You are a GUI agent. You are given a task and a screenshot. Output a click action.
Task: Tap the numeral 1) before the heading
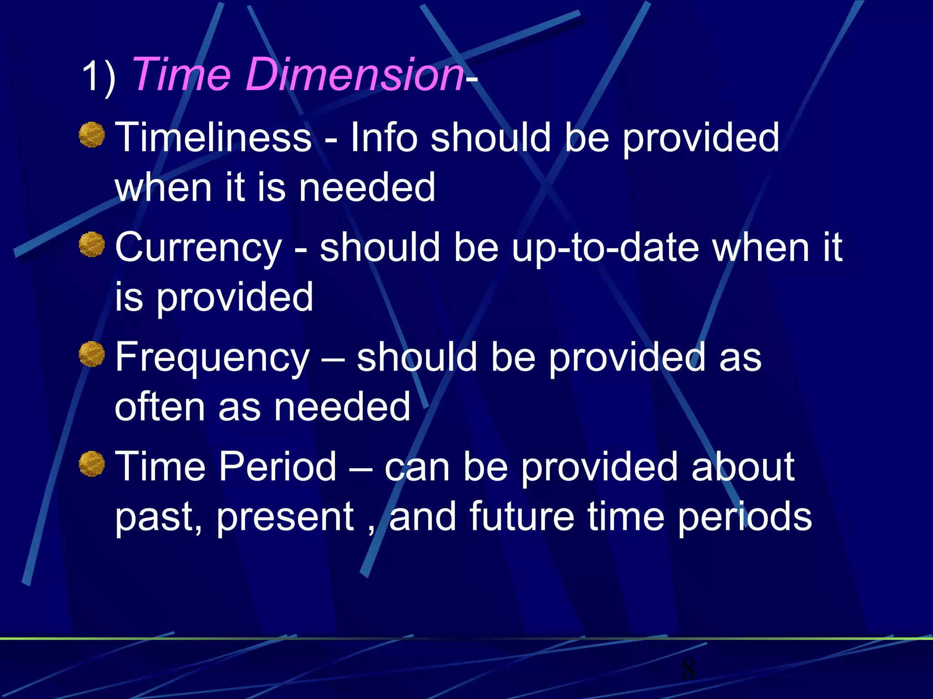pyautogui.click(x=98, y=76)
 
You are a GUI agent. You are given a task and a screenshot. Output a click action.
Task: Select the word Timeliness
pyautogui.click(x=213, y=137)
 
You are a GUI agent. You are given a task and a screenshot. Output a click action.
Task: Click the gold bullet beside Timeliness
pyautogui.click(x=92, y=135)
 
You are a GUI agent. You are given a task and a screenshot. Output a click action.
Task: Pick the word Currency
pyautogui.click(x=199, y=248)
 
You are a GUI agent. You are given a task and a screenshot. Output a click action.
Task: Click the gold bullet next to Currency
pyautogui.click(x=92, y=244)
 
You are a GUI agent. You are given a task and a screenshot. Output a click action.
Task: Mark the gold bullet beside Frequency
pyautogui.click(x=92, y=354)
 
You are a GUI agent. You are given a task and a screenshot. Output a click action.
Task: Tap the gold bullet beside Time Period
pyautogui.click(x=92, y=464)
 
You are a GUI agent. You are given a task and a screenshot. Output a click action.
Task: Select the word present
pyautogui.click(x=285, y=518)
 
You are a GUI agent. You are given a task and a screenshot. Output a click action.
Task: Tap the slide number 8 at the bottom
pyautogui.click(x=688, y=669)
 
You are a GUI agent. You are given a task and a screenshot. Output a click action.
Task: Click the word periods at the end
pyautogui.click(x=744, y=518)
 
